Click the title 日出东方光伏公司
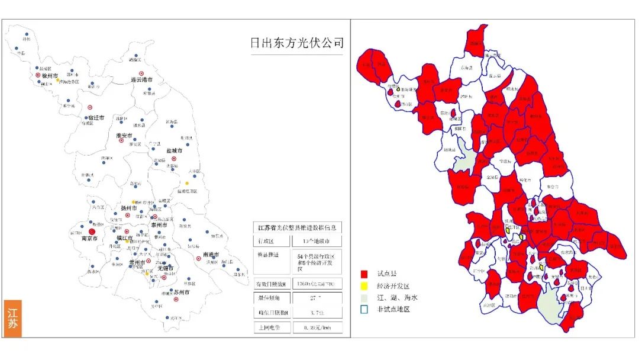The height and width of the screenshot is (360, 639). coord(296,43)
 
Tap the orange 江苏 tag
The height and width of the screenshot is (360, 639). coord(13,319)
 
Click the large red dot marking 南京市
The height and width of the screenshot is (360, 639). coord(91,231)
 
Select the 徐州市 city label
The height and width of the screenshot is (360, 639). coord(47,76)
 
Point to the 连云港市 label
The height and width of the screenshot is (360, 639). coord(142,79)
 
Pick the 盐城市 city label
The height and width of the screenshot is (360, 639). coord(174,151)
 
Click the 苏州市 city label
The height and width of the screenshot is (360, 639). coord(181,292)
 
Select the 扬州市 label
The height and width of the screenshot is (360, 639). coord(129,208)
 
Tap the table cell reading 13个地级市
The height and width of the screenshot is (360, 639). coord(317,242)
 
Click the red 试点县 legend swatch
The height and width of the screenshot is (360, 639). coord(364,275)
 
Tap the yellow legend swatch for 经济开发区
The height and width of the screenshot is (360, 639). coord(364,286)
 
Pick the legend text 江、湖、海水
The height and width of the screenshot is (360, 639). coord(397,297)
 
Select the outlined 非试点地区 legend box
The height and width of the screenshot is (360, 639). coord(364,308)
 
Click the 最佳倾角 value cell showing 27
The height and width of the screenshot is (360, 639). coord(317,298)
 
